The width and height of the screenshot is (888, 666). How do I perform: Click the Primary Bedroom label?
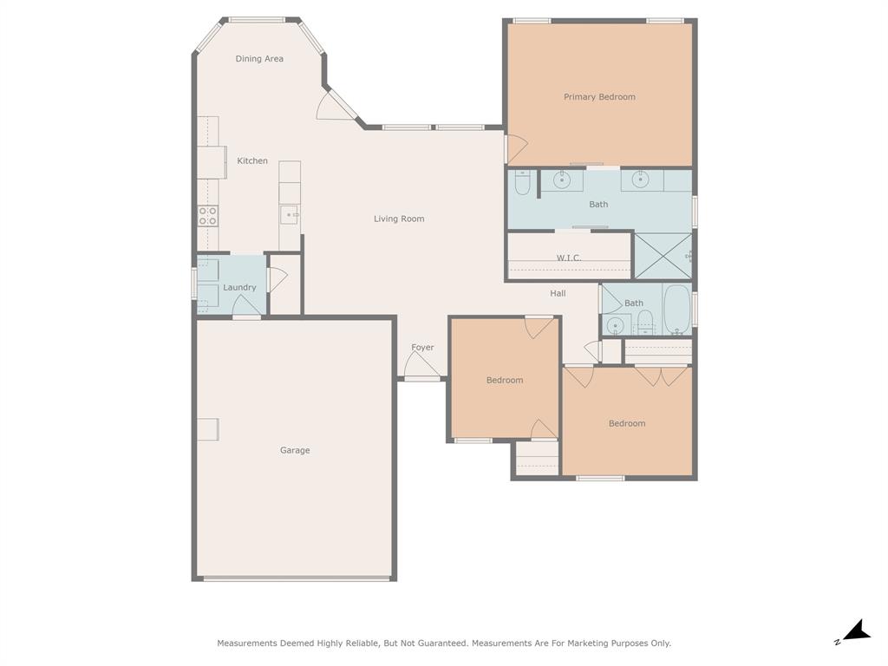pyautogui.click(x=599, y=97)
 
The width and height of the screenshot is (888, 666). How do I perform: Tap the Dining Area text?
pyautogui.click(x=259, y=59)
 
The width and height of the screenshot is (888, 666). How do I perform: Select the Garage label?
pyautogui.click(x=295, y=450)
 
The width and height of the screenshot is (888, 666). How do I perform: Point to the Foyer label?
pyautogui.click(x=422, y=348)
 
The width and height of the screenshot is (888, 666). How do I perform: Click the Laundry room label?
pyautogui.click(x=239, y=288)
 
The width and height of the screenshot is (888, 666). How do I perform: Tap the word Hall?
pyautogui.click(x=558, y=294)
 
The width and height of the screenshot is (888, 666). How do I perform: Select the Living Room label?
pyautogui.click(x=399, y=219)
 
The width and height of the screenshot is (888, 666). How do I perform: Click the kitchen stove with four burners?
pyautogui.click(x=207, y=216)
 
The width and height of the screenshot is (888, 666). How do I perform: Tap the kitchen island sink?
pyautogui.click(x=290, y=214)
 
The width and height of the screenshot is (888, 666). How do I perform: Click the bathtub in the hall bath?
pyautogui.click(x=676, y=310)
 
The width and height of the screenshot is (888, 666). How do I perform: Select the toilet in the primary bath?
pyautogui.click(x=522, y=184)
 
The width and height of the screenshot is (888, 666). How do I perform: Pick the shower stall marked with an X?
pyautogui.click(x=663, y=256)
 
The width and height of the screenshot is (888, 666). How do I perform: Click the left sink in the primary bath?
pyautogui.click(x=562, y=180)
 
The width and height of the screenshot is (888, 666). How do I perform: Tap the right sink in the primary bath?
pyautogui.click(x=641, y=180)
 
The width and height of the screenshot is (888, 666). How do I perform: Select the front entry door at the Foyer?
pyautogui.click(x=422, y=368)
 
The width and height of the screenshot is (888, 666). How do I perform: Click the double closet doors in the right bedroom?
pyautogui.click(x=661, y=375)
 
